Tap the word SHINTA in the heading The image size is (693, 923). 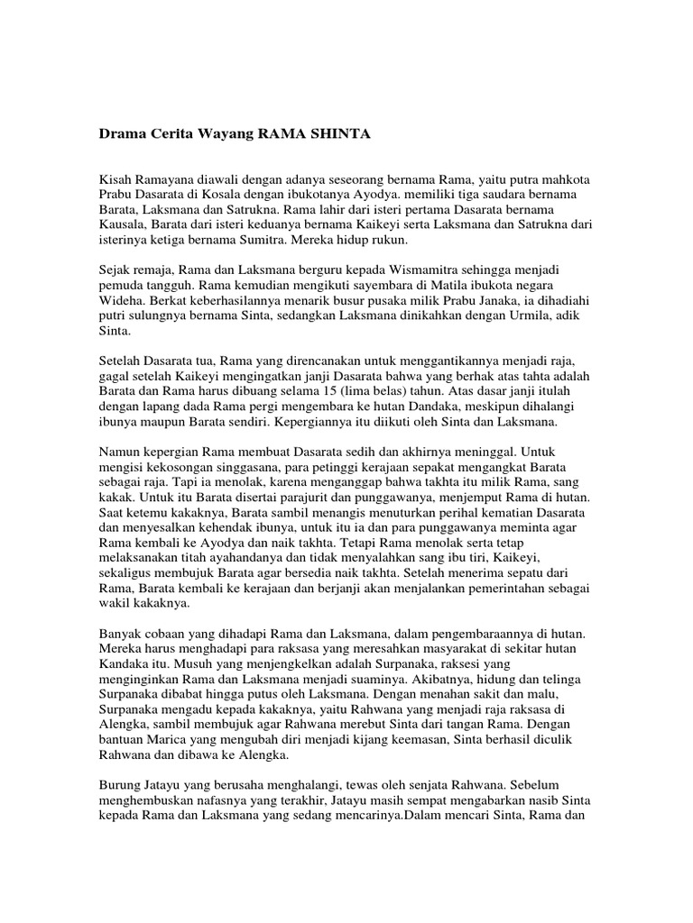point(339,134)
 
